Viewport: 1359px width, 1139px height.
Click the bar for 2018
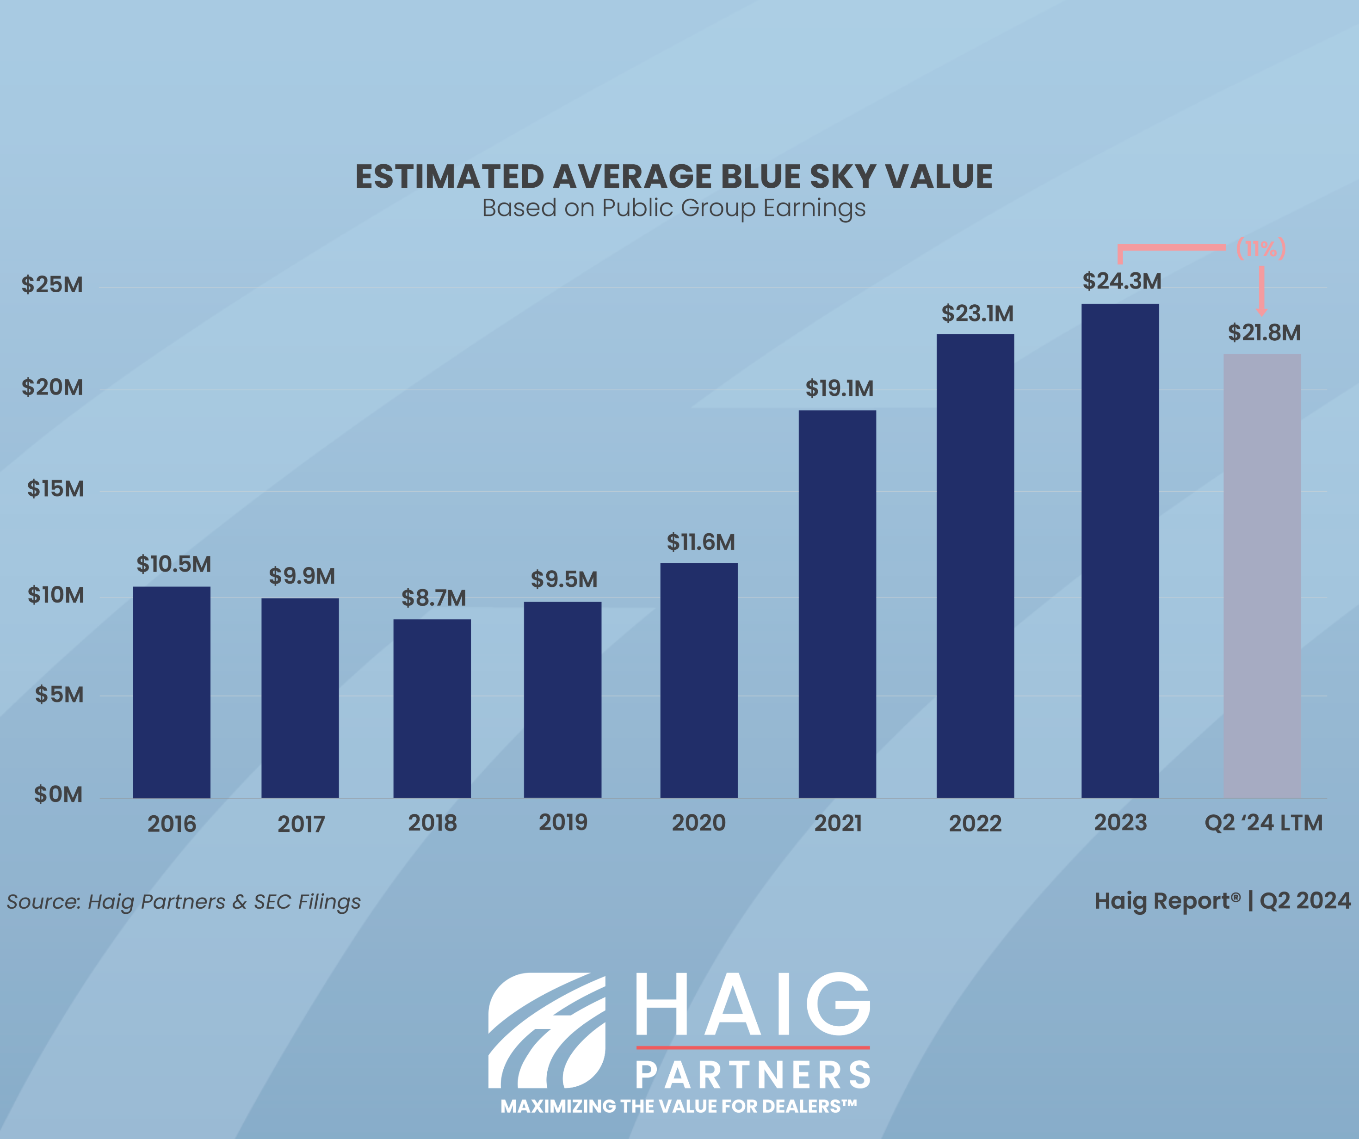click(x=432, y=708)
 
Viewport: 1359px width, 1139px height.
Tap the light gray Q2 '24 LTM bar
click(x=1262, y=575)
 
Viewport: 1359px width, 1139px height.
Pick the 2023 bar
click(x=1119, y=550)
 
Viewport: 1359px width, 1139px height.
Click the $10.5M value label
click(x=173, y=564)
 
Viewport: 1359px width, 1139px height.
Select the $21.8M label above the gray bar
click(x=1264, y=332)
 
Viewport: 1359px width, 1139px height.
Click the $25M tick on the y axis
click(x=52, y=285)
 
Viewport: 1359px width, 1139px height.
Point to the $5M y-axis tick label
click(x=59, y=695)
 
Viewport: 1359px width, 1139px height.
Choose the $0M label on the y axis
click(x=58, y=794)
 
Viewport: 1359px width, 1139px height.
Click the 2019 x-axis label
click(x=563, y=823)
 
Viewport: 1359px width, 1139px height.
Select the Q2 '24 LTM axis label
click(x=1263, y=823)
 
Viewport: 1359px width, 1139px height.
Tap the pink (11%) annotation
click(x=1260, y=248)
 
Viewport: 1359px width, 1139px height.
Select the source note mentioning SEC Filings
click(x=184, y=901)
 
